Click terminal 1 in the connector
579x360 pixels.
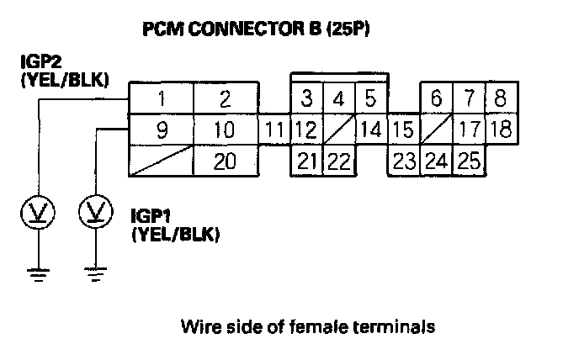[x=160, y=98]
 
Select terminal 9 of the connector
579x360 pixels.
[x=160, y=130]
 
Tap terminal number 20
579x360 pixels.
[x=225, y=161]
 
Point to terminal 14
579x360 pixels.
[x=370, y=130]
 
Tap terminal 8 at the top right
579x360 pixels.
[x=500, y=98]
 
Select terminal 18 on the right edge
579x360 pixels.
[x=500, y=130]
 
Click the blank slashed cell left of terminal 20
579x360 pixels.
[x=160, y=161]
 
